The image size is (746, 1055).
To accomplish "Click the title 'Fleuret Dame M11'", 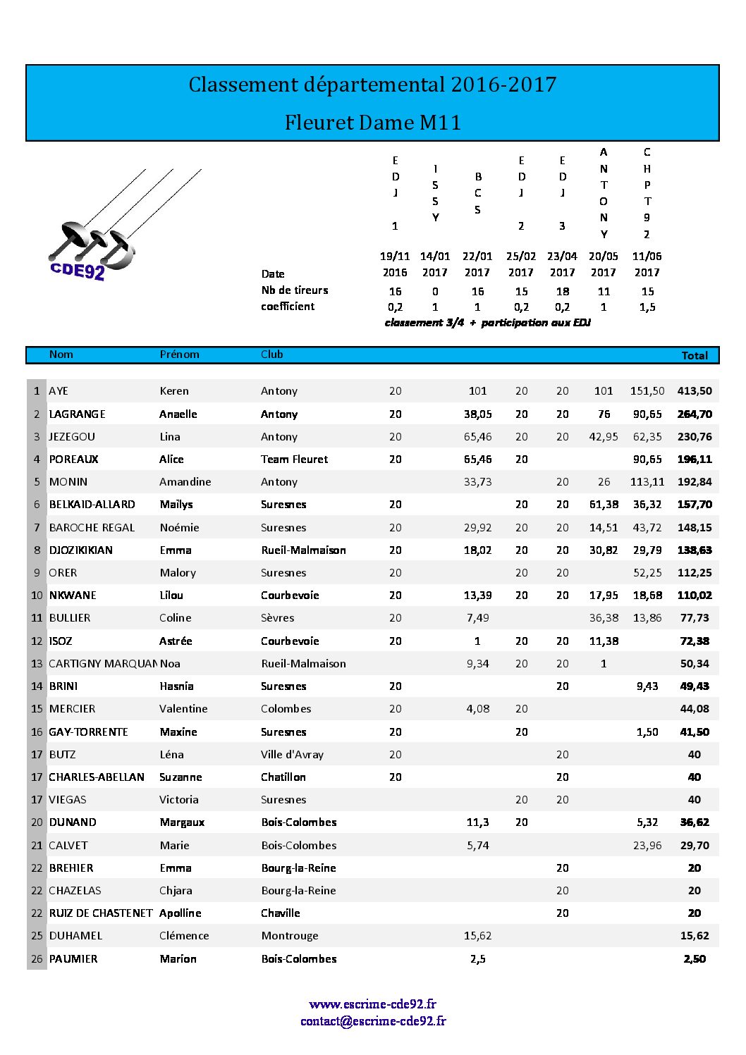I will coord(372,123).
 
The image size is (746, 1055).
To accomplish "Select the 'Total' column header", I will coord(694,355).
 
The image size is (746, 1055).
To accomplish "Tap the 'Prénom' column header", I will coord(179,354).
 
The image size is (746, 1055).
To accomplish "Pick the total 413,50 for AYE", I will coord(694,390).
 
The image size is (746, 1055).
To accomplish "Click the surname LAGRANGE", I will coord(77,414).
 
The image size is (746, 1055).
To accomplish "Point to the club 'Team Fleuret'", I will coord(294,459).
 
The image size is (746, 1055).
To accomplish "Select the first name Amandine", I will coord(185,481).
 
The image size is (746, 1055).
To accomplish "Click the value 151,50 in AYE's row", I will coord(647,390).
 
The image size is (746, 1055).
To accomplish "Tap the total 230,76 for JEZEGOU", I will coord(694,436).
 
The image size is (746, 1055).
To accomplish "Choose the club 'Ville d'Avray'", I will coord(292,754).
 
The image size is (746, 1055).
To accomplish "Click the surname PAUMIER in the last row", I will coord(73,958).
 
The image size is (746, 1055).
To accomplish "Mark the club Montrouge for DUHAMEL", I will coord(289,935).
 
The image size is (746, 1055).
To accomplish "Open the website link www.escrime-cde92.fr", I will coord(372,1004).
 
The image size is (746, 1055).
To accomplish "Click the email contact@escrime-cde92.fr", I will coord(372,1020).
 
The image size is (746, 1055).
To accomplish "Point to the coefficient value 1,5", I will coord(647,307).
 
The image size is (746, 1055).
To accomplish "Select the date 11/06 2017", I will coord(647,264).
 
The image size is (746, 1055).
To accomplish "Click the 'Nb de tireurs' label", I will coord(294,290).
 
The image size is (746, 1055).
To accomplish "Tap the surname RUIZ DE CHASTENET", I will coord(100,913).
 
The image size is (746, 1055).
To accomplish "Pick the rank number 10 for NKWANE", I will coord(37,595).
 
